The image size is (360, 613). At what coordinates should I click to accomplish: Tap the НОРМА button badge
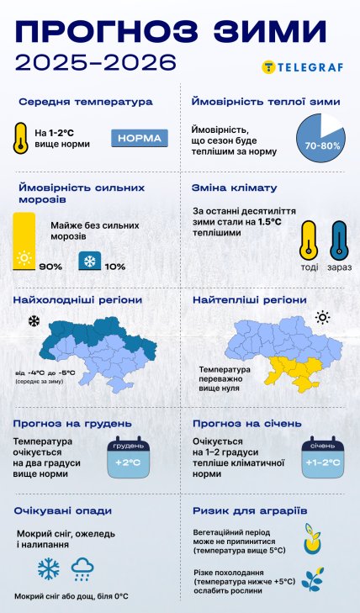pyautogui.click(x=140, y=138)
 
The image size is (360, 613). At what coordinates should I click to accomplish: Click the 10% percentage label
pyautogui.click(x=115, y=267)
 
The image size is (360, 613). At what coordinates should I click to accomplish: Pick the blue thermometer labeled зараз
pyautogui.click(x=340, y=240)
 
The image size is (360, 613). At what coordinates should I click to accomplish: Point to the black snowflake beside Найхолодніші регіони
pyautogui.click(x=34, y=321)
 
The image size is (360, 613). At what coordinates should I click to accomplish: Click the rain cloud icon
pyautogui.click(x=82, y=571)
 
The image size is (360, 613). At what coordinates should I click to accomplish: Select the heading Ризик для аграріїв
pyautogui.click(x=249, y=510)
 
